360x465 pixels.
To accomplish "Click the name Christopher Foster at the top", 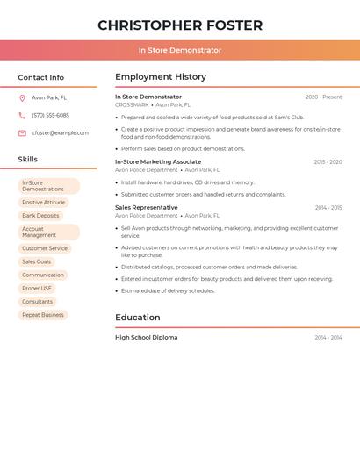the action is click(x=180, y=25).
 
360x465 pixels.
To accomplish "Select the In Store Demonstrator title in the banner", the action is click(x=180, y=50).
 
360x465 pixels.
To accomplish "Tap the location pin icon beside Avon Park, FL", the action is click(x=22, y=97).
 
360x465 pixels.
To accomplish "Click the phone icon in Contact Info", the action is click(x=22, y=115).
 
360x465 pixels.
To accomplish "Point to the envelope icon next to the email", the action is click(x=22, y=132).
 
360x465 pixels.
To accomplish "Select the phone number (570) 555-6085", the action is click(x=50, y=115).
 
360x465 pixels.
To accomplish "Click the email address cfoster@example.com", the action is click(x=60, y=132).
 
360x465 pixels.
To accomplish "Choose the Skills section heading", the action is click(x=28, y=160).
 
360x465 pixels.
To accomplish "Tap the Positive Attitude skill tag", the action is click(x=43, y=202).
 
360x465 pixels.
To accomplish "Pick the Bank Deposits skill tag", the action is click(x=40, y=215).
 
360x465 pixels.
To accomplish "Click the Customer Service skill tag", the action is click(x=45, y=248).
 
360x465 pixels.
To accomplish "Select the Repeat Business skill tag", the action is click(x=43, y=314).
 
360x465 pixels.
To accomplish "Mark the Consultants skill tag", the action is click(x=37, y=301).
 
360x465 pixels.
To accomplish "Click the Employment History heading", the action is click(x=161, y=77).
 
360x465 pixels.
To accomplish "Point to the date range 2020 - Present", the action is click(x=323, y=97).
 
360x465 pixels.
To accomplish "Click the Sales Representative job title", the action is click(x=147, y=207).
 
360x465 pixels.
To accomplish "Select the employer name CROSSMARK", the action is click(x=132, y=104).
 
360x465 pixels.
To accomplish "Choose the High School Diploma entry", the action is click(x=146, y=337).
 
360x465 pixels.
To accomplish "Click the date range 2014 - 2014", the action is click(x=328, y=337).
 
